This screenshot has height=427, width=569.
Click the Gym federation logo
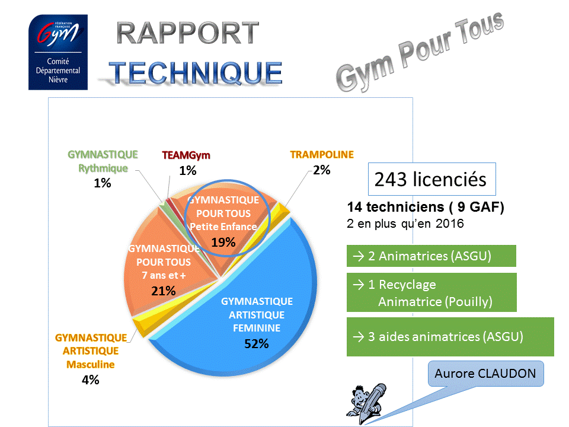58,52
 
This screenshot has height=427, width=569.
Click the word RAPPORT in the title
188,33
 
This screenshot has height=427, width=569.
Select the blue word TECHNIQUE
196,73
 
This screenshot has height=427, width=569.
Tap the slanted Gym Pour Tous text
420,51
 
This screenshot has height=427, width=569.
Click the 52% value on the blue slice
257,343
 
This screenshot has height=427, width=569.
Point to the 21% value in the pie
164,291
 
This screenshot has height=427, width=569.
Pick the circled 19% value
223,242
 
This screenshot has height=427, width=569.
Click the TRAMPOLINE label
322,155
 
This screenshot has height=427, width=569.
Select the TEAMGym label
186,155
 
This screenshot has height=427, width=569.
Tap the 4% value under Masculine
90,380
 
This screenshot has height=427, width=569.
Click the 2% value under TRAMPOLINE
321,170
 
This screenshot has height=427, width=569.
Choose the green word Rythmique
103,168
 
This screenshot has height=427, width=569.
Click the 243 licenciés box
432,179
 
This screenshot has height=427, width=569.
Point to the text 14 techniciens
395,207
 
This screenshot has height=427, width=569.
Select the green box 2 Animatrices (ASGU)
431,256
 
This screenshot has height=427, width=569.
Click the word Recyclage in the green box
407,285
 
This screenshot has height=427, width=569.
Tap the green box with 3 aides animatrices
450,337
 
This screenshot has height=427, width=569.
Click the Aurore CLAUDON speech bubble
485,374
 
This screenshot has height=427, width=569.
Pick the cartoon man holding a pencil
366,403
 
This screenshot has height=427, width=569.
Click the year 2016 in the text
450,224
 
